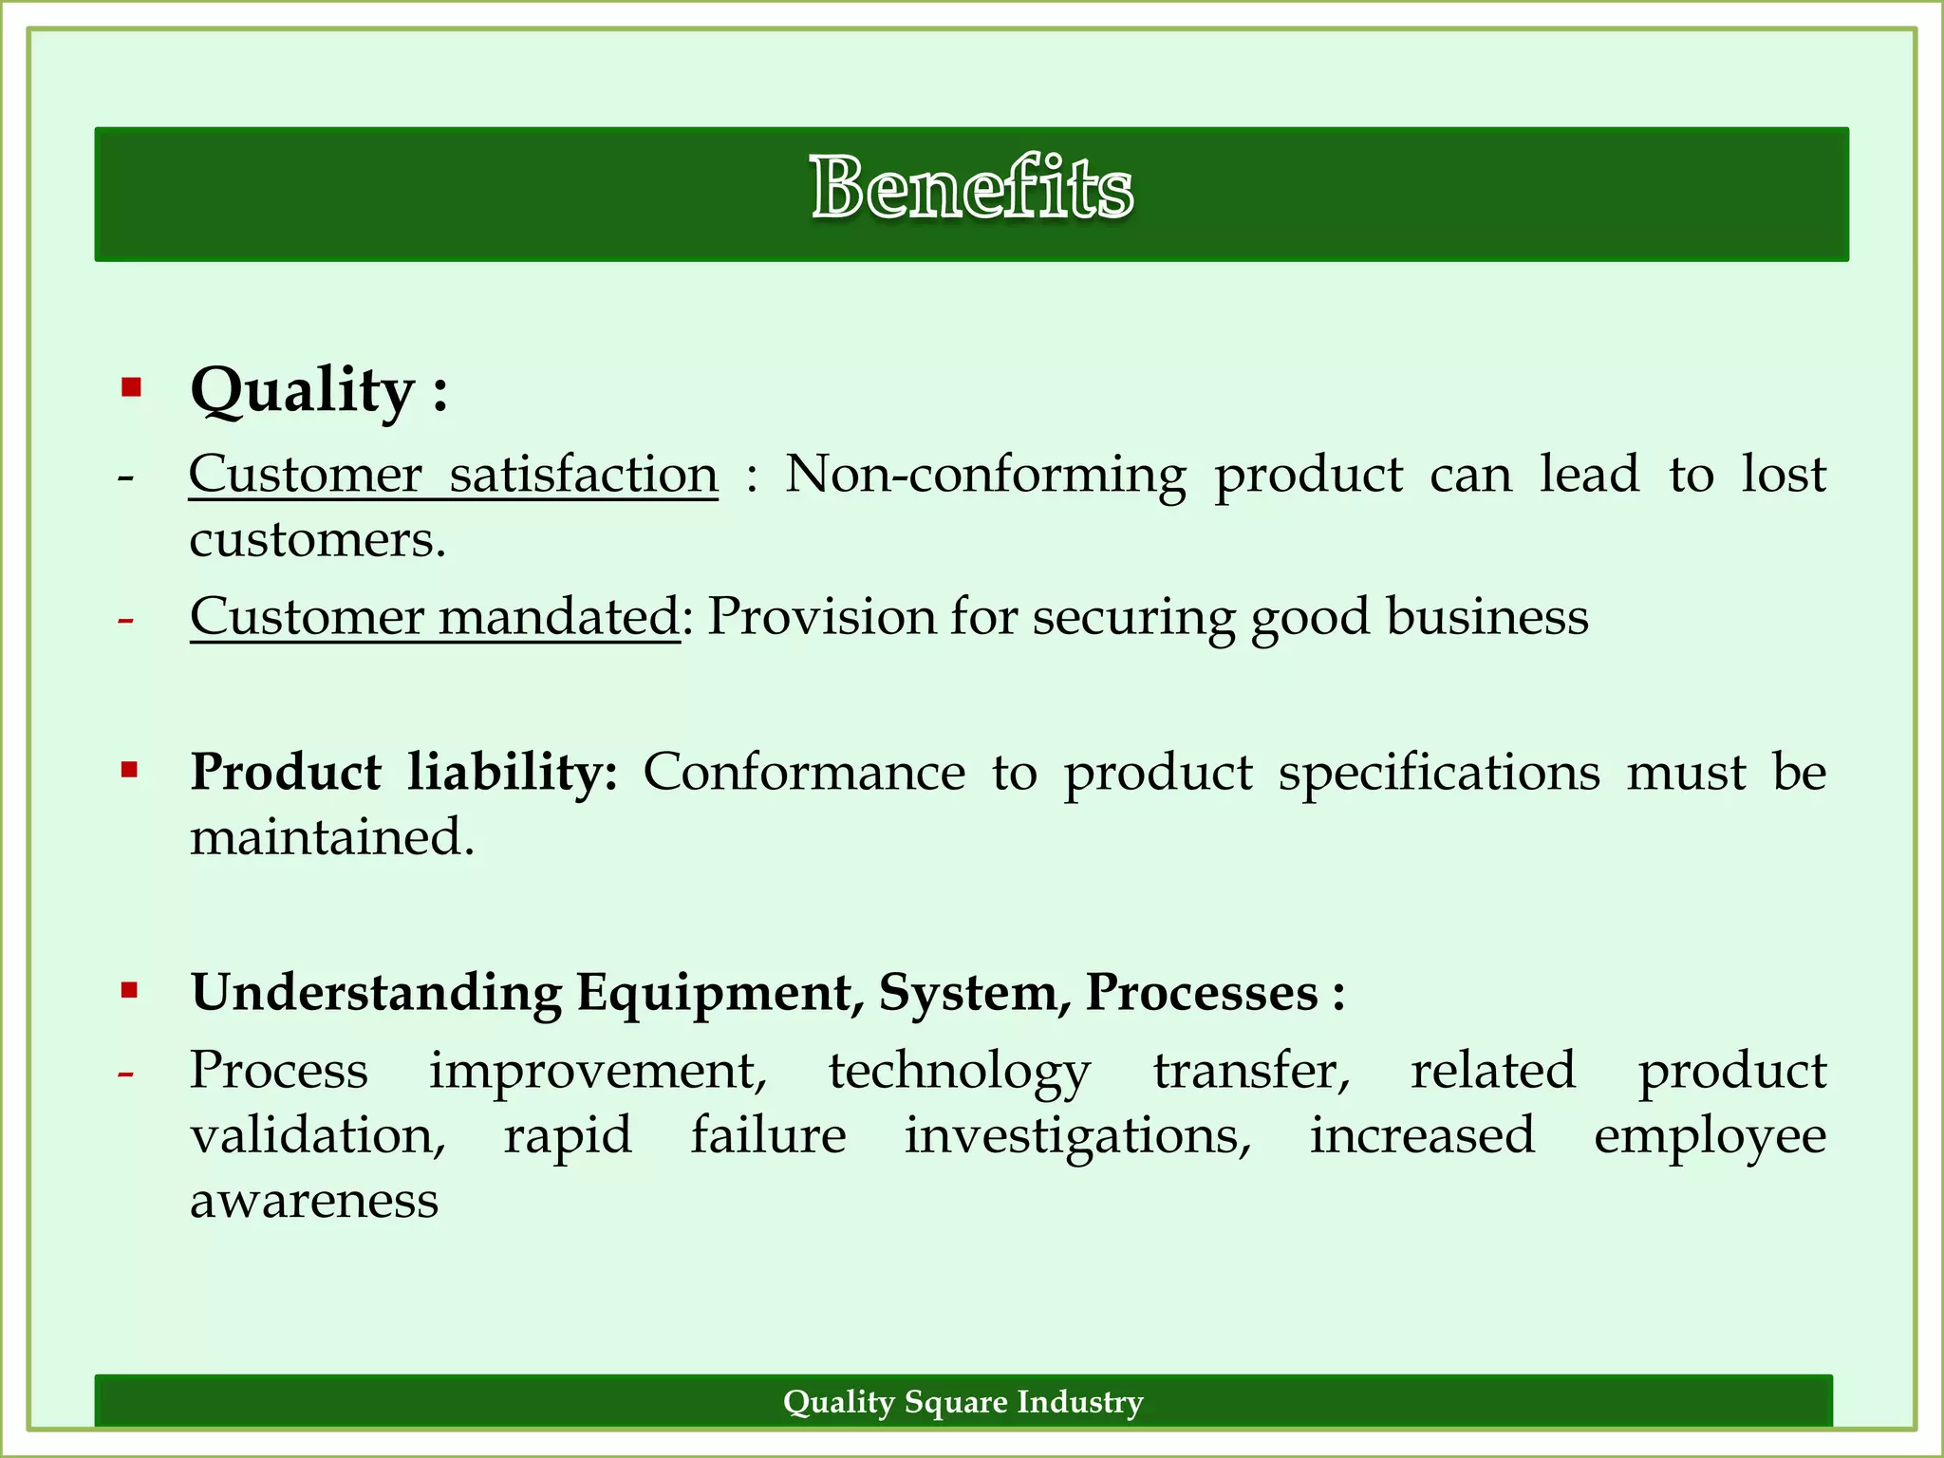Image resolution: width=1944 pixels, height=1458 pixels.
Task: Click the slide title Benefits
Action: click(x=971, y=189)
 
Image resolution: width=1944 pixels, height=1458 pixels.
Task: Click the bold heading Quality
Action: click(x=302, y=390)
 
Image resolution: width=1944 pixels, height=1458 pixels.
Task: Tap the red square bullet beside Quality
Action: click(x=131, y=387)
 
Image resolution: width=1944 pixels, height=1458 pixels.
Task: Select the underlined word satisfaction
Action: click(x=583, y=474)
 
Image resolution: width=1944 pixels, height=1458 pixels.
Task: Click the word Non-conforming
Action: click(x=985, y=474)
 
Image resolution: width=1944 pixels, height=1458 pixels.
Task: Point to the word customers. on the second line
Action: click(x=317, y=539)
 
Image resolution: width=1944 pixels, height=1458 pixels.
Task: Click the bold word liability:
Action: click(x=513, y=771)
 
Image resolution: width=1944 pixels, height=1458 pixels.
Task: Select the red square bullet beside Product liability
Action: click(x=130, y=769)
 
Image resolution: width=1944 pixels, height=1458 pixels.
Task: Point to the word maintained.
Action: click(x=331, y=837)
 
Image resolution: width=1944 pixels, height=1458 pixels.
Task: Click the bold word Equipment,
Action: click(x=720, y=993)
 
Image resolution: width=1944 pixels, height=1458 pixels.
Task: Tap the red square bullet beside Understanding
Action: click(x=130, y=992)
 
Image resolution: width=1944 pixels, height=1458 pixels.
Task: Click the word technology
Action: click(x=960, y=1072)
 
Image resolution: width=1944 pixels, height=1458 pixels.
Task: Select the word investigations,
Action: click(x=1078, y=1136)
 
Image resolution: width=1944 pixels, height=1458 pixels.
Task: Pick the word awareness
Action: click(x=314, y=1200)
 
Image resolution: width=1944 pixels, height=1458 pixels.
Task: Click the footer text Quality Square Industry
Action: click(x=963, y=1401)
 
